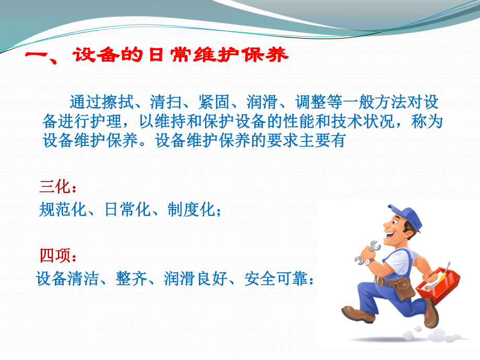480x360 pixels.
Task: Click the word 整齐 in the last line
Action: [x=131, y=280]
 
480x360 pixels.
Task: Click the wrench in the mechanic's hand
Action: [x=369, y=250]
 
